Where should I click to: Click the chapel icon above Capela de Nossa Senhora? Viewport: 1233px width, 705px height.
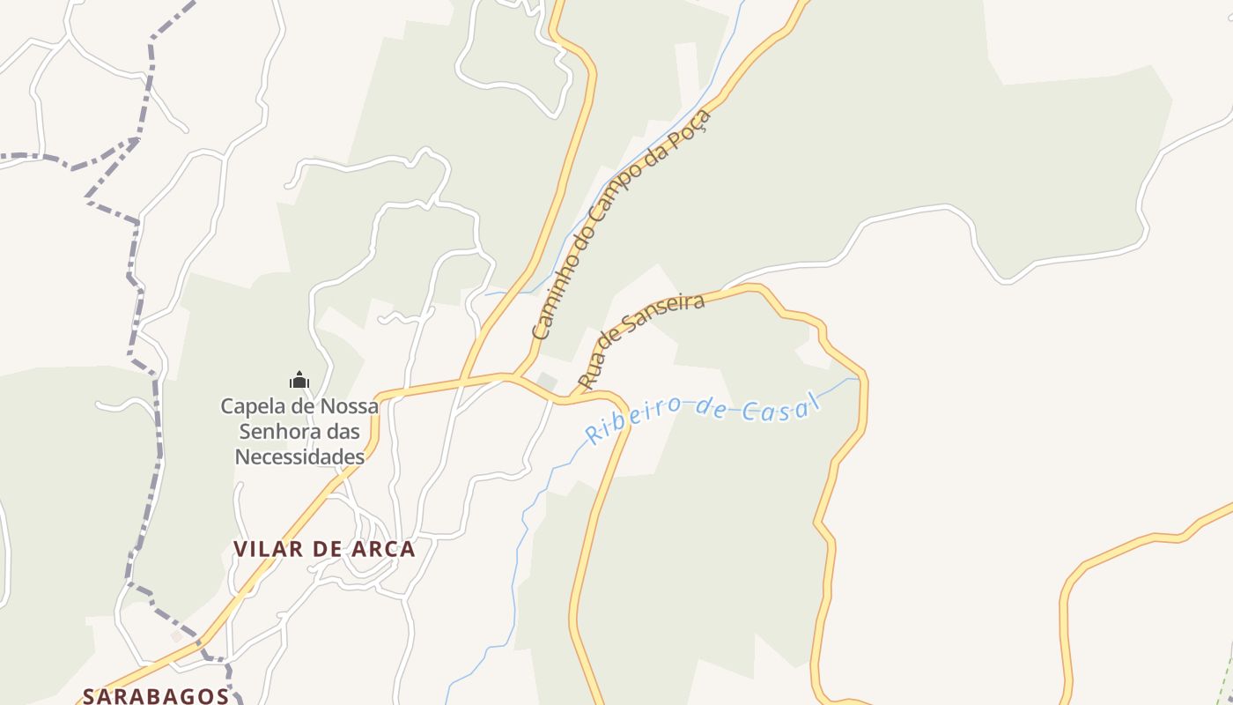299,380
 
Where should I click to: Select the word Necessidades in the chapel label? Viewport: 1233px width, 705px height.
299,456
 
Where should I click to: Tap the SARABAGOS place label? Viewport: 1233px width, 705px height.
156,695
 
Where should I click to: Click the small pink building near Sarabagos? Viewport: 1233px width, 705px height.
176,635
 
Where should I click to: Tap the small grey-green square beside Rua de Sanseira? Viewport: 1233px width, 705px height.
547,381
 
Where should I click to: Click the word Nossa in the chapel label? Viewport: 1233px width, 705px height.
347,406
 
